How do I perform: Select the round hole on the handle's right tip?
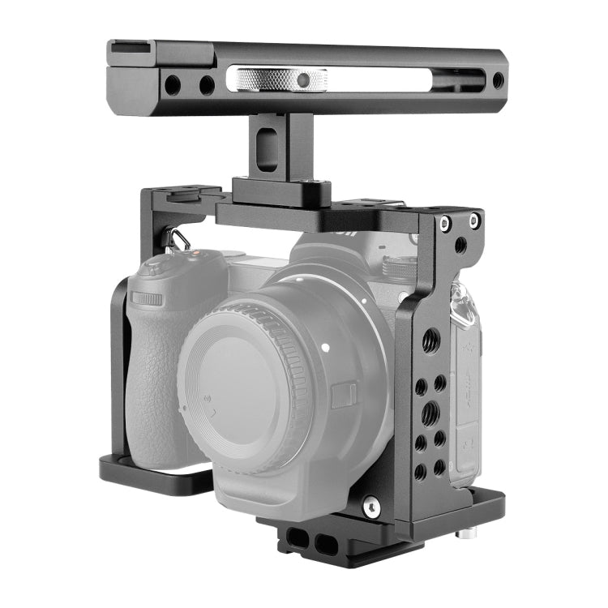[x=498, y=80]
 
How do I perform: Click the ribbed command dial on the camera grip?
[x=147, y=298]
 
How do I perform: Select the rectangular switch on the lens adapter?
[x=343, y=396]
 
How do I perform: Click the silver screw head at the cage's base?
[x=370, y=507]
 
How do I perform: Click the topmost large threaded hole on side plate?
[x=431, y=339]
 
